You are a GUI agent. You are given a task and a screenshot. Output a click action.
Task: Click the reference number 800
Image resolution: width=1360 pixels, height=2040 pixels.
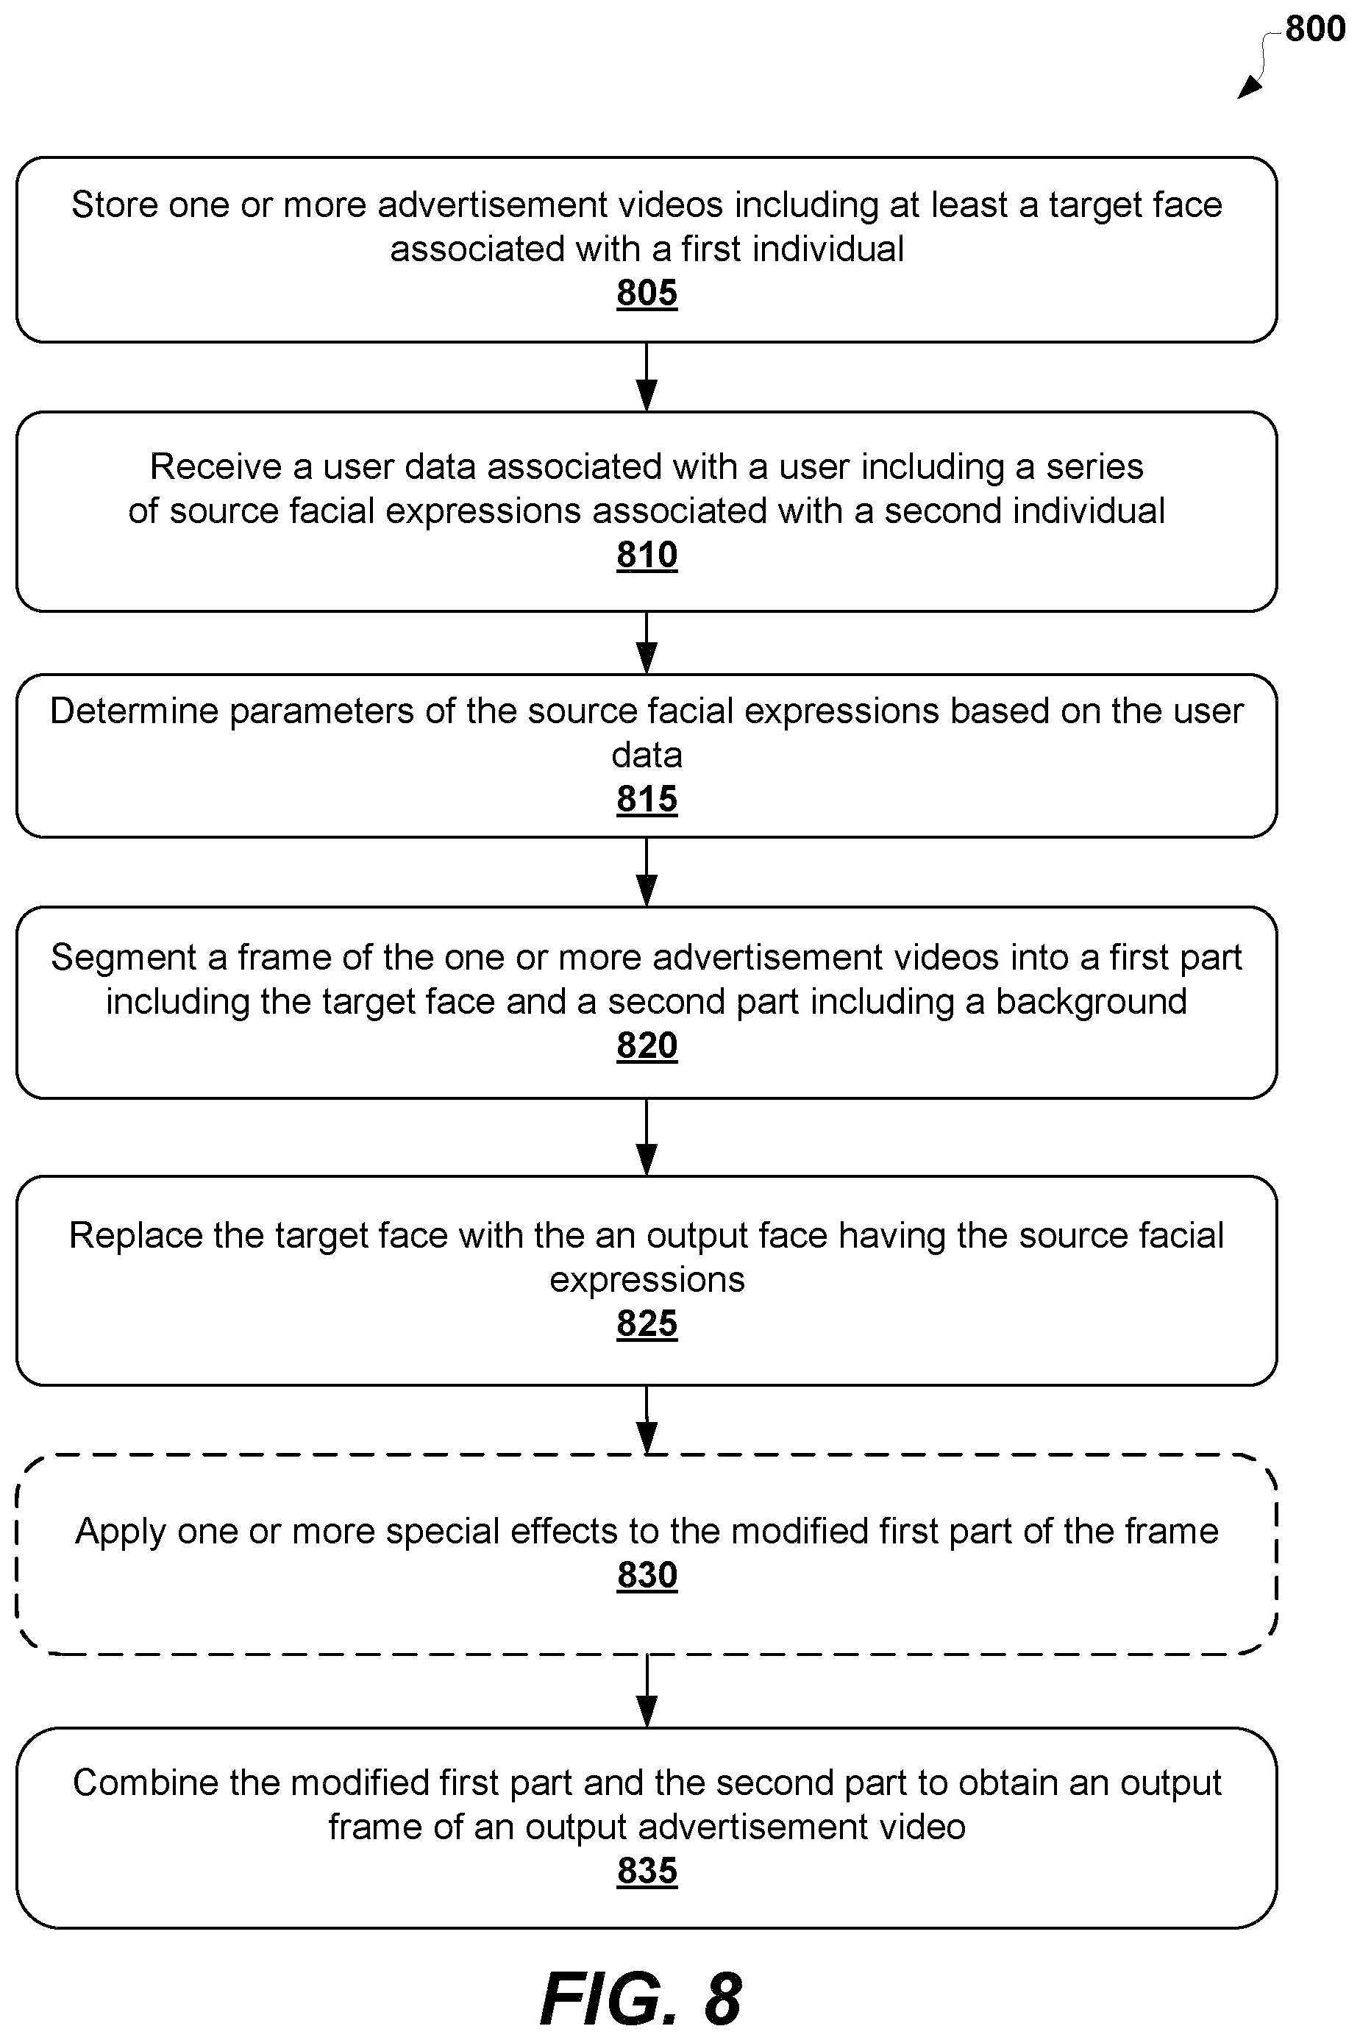(x=1315, y=29)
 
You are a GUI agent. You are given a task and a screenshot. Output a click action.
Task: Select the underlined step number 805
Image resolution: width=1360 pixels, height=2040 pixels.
(x=647, y=294)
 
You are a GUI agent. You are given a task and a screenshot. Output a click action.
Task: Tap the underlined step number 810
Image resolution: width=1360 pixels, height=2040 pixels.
(x=647, y=555)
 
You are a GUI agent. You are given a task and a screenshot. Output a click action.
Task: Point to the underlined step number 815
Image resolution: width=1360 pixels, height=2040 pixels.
(x=647, y=799)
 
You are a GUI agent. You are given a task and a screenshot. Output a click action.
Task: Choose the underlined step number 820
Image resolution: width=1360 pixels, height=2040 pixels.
(x=647, y=1045)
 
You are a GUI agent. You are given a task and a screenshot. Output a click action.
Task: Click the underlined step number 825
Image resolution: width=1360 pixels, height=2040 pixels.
(x=647, y=1323)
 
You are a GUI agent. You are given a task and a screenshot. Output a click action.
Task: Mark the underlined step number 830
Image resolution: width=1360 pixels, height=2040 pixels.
(x=647, y=1575)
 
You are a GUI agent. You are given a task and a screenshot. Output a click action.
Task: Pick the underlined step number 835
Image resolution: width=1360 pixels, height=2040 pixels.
(x=647, y=1871)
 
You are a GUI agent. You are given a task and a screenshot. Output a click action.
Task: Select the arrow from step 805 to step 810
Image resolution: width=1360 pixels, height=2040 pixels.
(x=647, y=377)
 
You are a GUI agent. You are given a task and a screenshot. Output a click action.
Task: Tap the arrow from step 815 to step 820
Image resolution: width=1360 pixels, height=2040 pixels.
(x=647, y=872)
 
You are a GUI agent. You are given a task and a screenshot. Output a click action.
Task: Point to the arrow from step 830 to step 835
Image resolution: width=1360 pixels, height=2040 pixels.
(x=647, y=1691)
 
